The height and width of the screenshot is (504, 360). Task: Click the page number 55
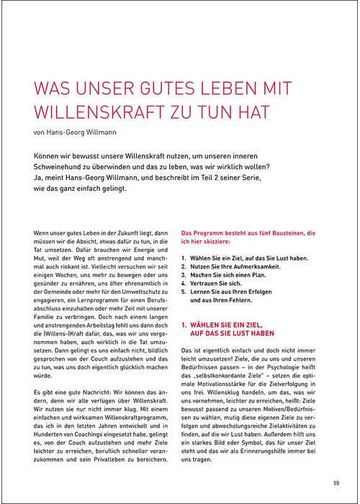click(x=336, y=483)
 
